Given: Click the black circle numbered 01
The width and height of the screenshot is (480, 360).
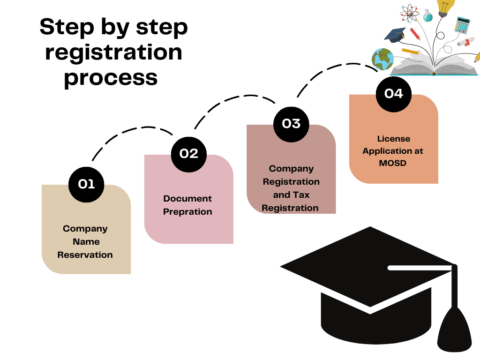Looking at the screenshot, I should click(86, 184).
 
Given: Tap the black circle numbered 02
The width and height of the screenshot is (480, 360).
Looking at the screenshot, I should click(189, 154).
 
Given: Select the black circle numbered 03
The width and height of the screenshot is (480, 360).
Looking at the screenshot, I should click(291, 124).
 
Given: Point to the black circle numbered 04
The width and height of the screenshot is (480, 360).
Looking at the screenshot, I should click(394, 94).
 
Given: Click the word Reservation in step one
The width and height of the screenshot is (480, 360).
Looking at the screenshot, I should click(85, 255).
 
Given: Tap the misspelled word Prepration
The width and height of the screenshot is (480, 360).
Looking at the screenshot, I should click(187, 212).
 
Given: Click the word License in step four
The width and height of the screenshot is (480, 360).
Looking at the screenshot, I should click(394, 139).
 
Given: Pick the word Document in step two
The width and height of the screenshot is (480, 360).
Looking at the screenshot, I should click(187, 199).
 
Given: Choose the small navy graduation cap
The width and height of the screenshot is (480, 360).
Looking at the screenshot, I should click(395, 34).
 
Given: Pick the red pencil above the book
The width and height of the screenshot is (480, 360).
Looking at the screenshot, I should click(415, 34).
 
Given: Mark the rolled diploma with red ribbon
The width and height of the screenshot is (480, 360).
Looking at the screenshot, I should click(466, 42).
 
